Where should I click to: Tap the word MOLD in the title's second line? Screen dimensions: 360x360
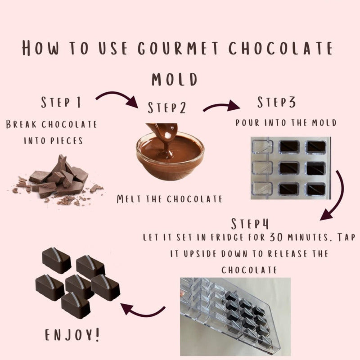(175, 80)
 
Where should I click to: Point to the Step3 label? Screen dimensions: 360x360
(276, 103)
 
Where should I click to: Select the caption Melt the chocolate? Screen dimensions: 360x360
(169, 199)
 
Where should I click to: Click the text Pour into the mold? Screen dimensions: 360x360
(286, 122)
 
